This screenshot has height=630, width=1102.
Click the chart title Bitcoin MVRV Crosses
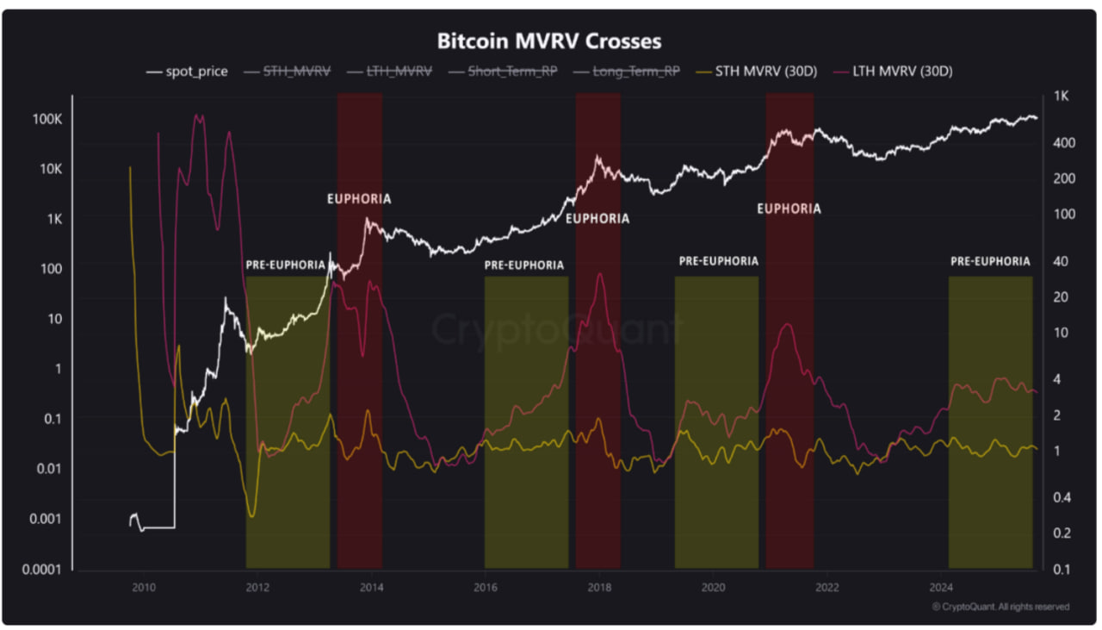pyautogui.click(x=549, y=41)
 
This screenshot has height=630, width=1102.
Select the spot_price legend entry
pyautogui.click(x=188, y=72)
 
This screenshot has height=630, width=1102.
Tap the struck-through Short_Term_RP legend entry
pyautogui.click(x=504, y=72)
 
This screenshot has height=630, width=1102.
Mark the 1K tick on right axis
pyautogui.click(x=1060, y=96)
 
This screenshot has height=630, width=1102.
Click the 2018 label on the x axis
pyautogui.click(x=599, y=588)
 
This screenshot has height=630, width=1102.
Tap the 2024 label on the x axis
pyautogui.click(x=941, y=588)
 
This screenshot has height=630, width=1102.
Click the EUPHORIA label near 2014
pyautogui.click(x=359, y=199)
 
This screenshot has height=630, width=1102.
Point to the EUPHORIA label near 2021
pyautogui.click(x=789, y=209)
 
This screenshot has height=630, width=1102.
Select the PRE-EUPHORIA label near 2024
pyautogui.click(x=990, y=261)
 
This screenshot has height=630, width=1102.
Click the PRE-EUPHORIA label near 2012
pyautogui.click(x=286, y=265)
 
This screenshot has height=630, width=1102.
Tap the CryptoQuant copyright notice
pyautogui.click(x=1000, y=607)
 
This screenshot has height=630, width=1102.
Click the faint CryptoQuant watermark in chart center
pyautogui.click(x=555, y=329)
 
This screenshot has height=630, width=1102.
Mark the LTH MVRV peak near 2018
pyautogui.click(x=600, y=274)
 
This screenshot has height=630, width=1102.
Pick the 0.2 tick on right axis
pyautogui.click(x=1061, y=533)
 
